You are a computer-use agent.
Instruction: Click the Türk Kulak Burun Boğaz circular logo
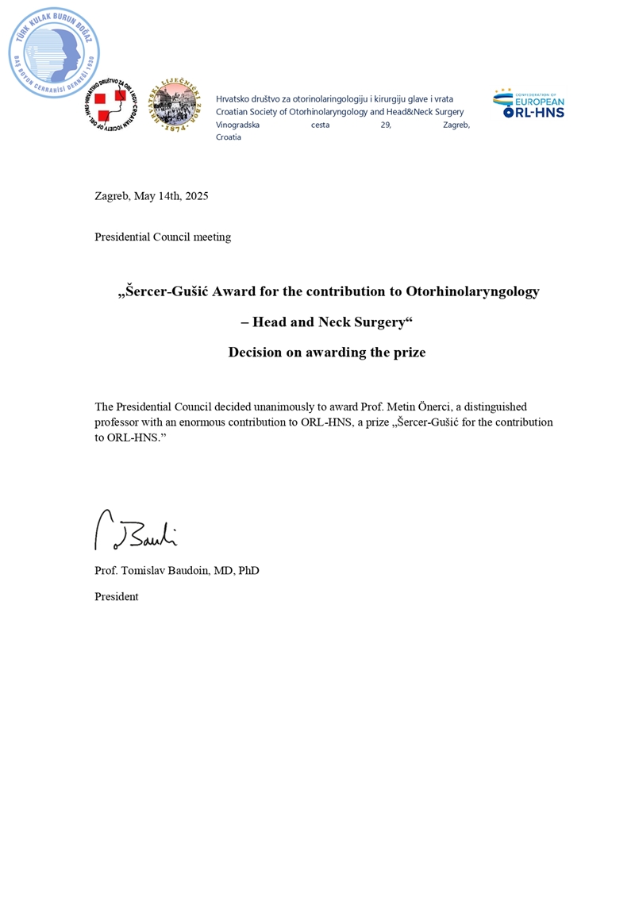tap(54, 53)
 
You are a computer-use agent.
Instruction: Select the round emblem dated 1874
tap(175, 106)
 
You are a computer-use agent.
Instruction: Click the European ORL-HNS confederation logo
tap(528, 104)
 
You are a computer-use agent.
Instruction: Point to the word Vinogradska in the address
tap(237, 125)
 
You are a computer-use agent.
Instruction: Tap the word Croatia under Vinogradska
tap(229, 137)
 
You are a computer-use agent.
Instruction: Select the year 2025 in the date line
tap(195, 196)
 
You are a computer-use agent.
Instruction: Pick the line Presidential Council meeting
tap(163, 237)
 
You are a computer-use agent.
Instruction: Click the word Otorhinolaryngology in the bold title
tap(472, 291)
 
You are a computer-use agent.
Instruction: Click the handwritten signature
tap(136, 530)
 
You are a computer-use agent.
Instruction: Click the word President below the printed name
tap(117, 596)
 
